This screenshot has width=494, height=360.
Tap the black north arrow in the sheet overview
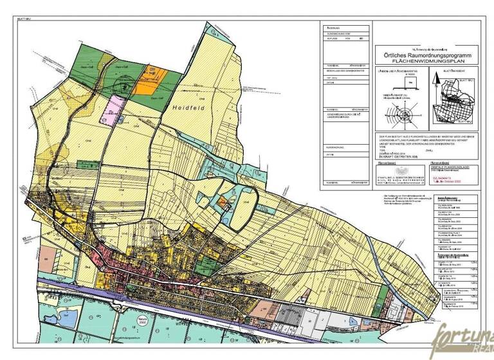[435, 81]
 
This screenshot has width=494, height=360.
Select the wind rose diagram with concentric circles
[405, 117]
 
